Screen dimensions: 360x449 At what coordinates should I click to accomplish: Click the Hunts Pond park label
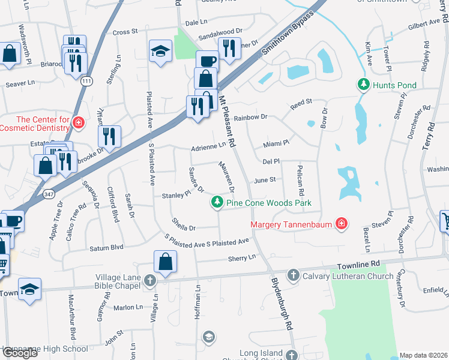click(394, 85)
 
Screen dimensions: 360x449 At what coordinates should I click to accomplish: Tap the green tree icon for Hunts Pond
click(363, 85)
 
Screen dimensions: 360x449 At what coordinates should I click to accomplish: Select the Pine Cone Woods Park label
click(268, 203)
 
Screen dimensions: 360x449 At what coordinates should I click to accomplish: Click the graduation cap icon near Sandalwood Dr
click(160, 52)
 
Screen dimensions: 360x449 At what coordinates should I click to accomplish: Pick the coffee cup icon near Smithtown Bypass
click(208, 62)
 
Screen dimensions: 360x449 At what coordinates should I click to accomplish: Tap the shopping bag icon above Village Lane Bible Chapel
click(165, 262)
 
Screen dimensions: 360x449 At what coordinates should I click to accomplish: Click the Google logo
click(19, 352)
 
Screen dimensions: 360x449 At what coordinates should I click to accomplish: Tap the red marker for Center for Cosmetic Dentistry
click(77, 124)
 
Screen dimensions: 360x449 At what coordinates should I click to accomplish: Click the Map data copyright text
click(423, 355)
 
